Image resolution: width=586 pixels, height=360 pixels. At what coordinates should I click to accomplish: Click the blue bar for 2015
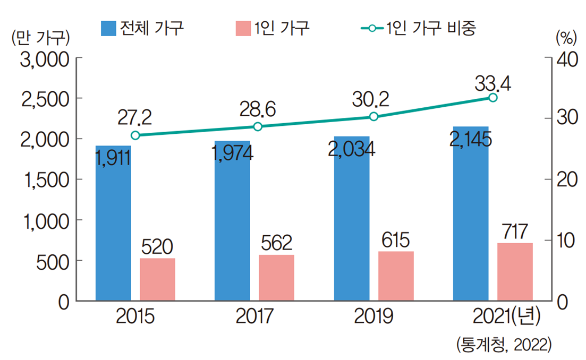click(113, 223)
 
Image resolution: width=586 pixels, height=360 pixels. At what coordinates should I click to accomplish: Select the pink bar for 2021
click(514, 272)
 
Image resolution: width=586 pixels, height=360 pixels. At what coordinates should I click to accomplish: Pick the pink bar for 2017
click(276, 278)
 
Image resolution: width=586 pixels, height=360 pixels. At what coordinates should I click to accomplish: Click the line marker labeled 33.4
click(492, 97)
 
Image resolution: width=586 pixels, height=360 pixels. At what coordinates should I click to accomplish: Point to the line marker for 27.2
click(135, 135)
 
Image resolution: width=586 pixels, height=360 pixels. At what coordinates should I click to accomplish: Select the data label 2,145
click(470, 140)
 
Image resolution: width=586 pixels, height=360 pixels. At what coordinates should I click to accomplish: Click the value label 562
click(276, 243)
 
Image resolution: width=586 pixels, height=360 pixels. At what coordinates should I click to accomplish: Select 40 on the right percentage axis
click(566, 58)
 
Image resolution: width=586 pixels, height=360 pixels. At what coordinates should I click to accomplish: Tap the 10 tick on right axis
click(565, 241)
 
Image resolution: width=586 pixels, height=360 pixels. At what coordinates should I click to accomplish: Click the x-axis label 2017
click(254, 317)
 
